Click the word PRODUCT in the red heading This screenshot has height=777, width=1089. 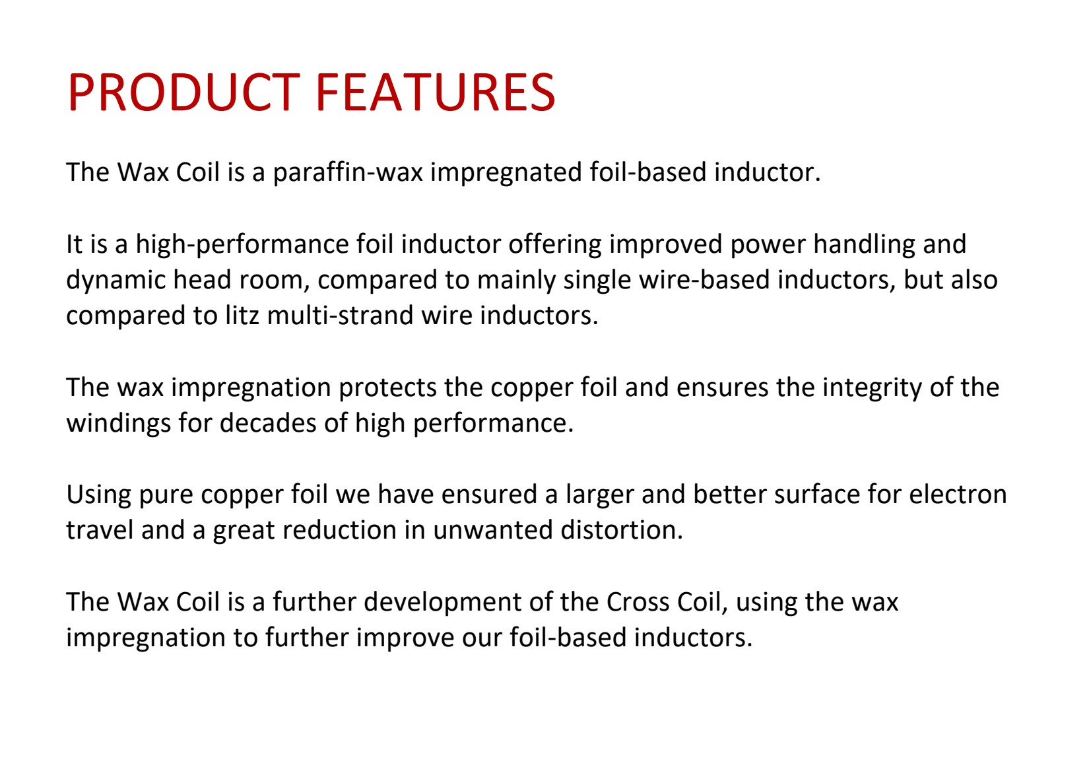pos(183,92)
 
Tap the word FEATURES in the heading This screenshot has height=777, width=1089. pos(436,92)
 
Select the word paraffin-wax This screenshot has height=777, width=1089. pos(348,172)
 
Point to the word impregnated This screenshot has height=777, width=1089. pos(506,172)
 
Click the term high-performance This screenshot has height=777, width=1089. pos(242,244)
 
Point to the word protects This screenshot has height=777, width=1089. pos(387,388)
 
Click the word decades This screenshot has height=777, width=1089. pos(268,422)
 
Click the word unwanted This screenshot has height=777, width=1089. pos(493,530)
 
